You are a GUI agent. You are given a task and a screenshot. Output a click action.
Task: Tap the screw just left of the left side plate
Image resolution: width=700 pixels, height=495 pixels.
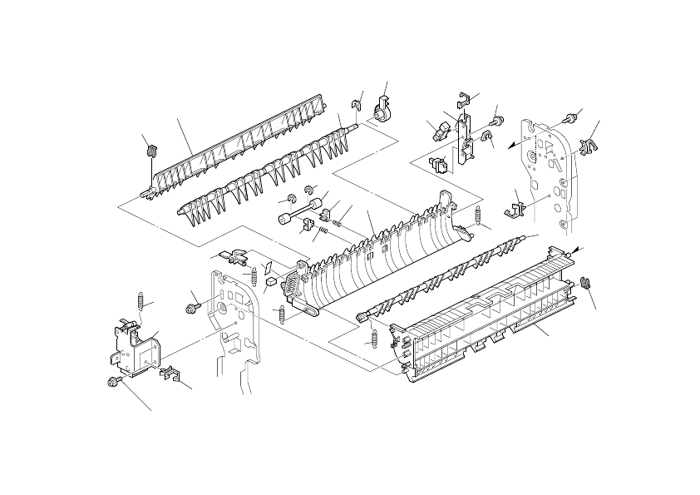tap(192, 309)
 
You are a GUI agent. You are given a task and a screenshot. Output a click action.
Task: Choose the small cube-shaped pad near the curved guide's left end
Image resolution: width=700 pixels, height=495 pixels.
tap(270, 282)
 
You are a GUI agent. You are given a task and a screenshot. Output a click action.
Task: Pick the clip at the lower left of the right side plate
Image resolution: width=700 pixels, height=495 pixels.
tap(515, 205)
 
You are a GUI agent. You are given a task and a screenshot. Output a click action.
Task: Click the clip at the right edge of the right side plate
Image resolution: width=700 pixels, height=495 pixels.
tap(592, 147)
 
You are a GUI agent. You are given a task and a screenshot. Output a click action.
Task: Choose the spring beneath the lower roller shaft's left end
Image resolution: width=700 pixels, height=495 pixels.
tap(372, 339)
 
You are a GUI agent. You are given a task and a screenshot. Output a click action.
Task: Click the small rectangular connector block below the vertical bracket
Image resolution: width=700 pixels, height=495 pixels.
tap(439, 161)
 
